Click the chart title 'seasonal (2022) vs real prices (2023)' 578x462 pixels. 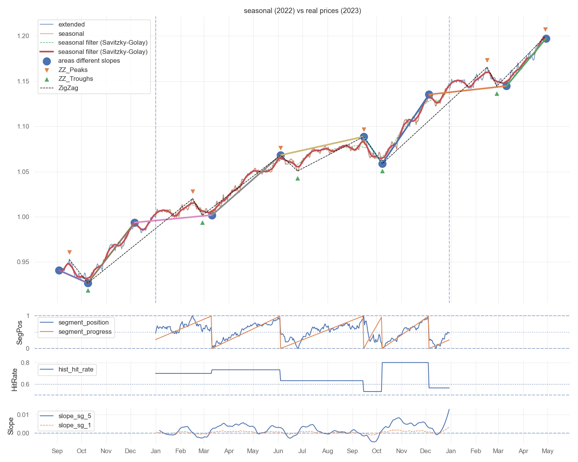pos(302,11)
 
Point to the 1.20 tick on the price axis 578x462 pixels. pos(23,36)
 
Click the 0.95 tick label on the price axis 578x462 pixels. pos(23,262)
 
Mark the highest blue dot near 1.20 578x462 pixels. pos(546,38)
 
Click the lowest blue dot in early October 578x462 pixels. pos(88,283)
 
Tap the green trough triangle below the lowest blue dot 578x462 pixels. pos(88,290)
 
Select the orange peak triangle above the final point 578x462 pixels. pos(545,30)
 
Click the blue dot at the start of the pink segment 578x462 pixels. pos(134,223)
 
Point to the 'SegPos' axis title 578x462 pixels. pos(19,332)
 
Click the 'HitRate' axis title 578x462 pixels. pos(15,380)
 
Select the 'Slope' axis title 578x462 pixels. pos(10,426)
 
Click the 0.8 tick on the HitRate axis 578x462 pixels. pos(25,363)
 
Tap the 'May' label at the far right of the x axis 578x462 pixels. pos(548,451)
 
